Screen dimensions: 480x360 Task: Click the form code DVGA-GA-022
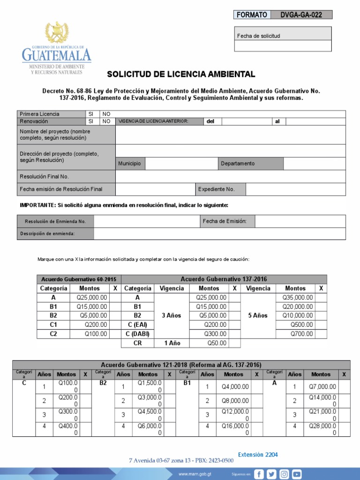point(301,15)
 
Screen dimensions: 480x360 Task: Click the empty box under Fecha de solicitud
point(283,46)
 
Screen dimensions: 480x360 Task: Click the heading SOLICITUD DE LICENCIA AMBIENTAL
point(181,75)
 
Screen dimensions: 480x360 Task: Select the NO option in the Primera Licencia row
point(106,114)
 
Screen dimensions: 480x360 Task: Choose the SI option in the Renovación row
point(91,121)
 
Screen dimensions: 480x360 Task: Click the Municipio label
point(129,164)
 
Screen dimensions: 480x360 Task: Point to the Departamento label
point(238,164)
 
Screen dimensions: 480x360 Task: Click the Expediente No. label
point(216,189)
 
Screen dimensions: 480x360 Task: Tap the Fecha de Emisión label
point(222,221)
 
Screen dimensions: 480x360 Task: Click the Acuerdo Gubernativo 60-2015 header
point(79,279)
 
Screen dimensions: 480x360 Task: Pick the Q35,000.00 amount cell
point(297,298)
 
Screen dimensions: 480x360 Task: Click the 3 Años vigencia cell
point(171,315)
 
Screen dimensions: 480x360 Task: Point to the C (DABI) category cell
point(137,334)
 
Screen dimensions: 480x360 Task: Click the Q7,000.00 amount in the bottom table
point(322,387)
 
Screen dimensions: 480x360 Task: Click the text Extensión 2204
point(258,455)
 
